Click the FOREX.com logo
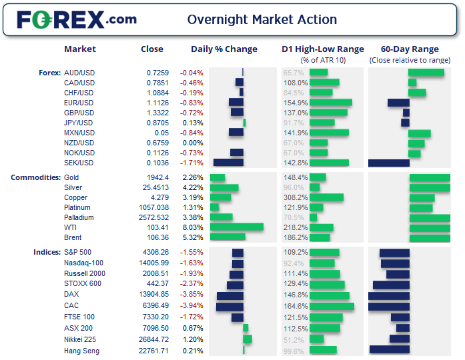pyautogui.click(x=77, y=19)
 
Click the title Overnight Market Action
pyautogui.click(x=262, y=20)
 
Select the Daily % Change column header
pyautogui.click(x=223, y=49)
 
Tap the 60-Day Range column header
pyautogui.click(x=410, y=49)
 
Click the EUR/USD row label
pyautogui.click(x=79, y=103)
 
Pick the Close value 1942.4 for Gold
pyautogui.click(x=158, y=177)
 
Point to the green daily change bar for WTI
pyautogui.click(x=236, y=227)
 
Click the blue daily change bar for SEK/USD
pyautogui.click(x=228, y=163)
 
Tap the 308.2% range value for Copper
pyautogui.click(x=296, y=197)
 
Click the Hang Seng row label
pyautogui.click(x=81, y=351)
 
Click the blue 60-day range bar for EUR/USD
pyautogui.click(x=398, y=103)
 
